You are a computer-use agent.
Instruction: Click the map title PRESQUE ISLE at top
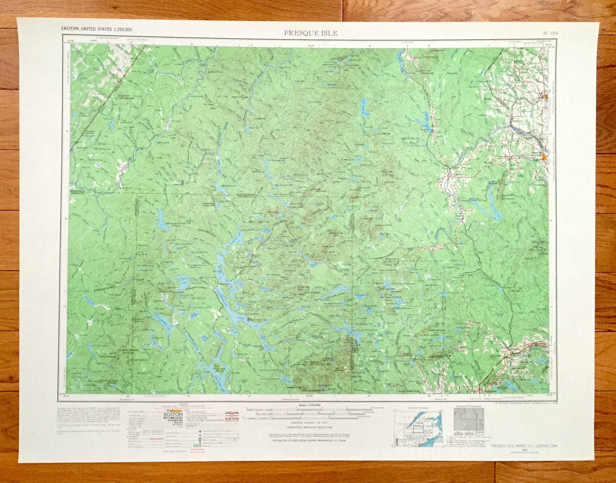coord(311,33)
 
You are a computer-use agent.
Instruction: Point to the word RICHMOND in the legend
coord(173,419)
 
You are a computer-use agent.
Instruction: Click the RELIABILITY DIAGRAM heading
coord(468,407)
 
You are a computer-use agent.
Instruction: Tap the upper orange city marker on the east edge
coord(545,96)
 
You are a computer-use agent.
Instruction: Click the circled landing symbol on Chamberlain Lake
coord(249,318)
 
